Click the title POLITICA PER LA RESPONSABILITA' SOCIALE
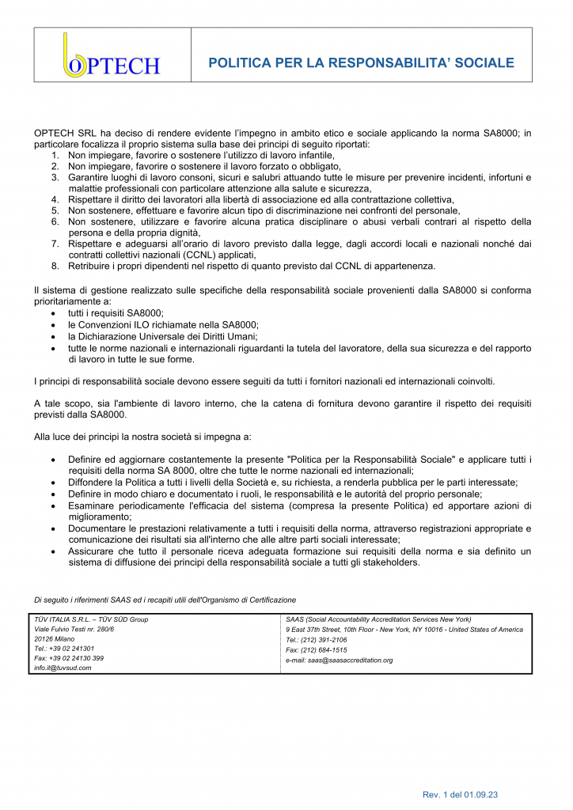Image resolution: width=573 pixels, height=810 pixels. point(361,62)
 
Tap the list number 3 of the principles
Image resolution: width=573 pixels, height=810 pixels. point(56,178)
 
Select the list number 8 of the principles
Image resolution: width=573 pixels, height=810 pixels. point(56,266)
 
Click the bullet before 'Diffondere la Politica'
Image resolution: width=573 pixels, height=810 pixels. point(53,482)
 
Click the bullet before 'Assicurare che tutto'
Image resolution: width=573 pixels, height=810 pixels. point(53,551)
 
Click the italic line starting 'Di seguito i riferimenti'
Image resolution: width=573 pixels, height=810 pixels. point(165,599)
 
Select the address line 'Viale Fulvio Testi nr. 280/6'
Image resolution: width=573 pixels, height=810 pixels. point(74,629)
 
